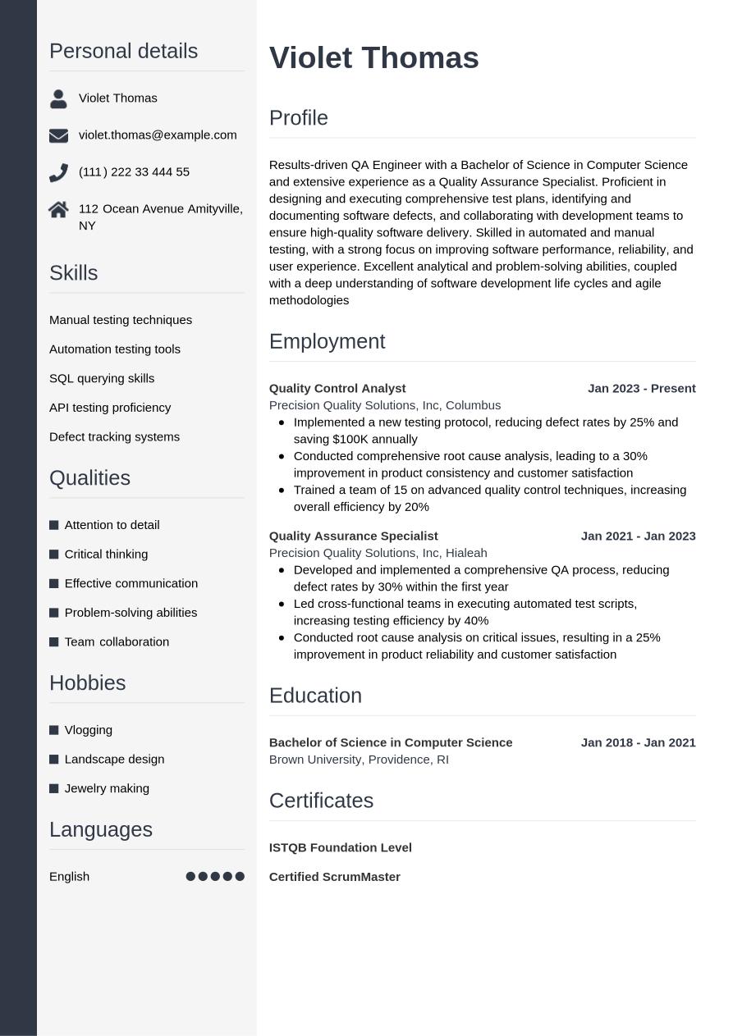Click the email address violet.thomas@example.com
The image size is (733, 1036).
click(x=158, y=135)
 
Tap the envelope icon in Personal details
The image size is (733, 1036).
click(x=58, y=135)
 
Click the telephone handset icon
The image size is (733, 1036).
click(x=58, y=172)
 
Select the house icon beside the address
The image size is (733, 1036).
click(x=58, y=210)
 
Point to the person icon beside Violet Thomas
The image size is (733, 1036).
click(x=58, y=98)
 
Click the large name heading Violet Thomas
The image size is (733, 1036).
click(x=373, y=58)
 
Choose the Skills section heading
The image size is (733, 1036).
click(x=73, y=273)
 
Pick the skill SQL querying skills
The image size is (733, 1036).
click(x=102, y=378)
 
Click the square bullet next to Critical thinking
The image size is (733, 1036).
click(x=54, y=555)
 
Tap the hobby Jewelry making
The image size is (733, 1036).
click(x=107, y=788)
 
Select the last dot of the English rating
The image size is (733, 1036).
click(x=240, y=876)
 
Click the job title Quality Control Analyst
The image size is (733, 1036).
click(x=337, y=388)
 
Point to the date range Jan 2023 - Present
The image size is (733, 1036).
click(x=641, y=388)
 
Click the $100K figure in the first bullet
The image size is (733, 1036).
click(x=351, y=439)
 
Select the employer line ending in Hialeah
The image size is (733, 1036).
click(x=378, y=553)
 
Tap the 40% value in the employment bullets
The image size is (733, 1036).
click(x=475, y=620)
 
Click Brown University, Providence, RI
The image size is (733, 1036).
click(x=359, y=760)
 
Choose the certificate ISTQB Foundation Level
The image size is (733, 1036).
click(x=340, y=847)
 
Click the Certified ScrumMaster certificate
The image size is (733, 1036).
click(x=334, y=877)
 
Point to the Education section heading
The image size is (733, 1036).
click(x=315, y=696)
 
